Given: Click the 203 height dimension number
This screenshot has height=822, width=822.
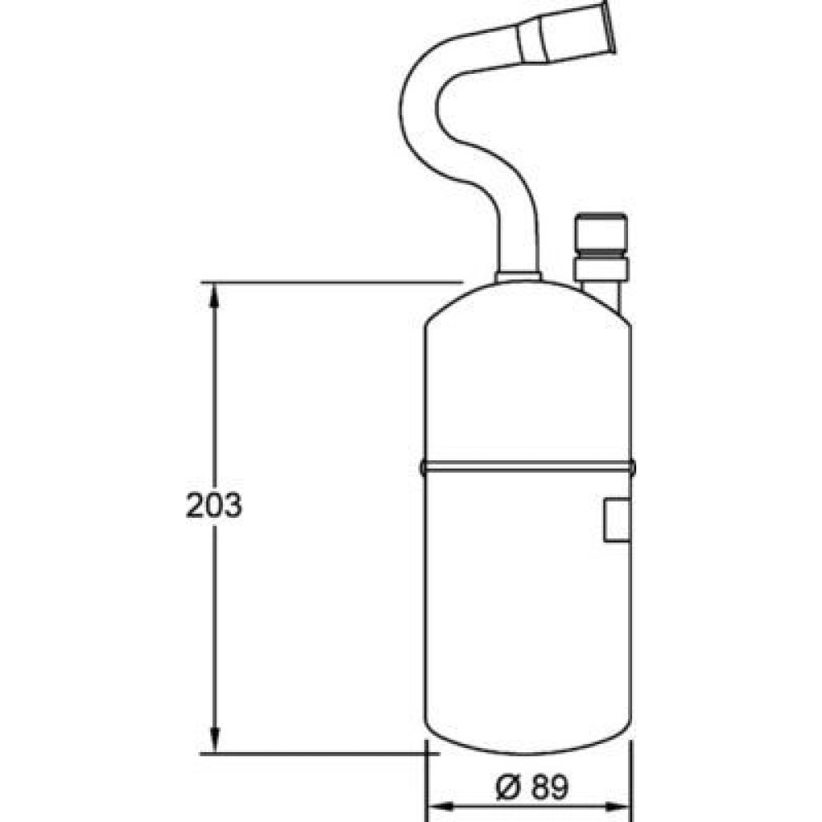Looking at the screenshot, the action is tap(214, 506).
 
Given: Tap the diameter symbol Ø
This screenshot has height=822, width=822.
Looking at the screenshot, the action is tap(508, 787).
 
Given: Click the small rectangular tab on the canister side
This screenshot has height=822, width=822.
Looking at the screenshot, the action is tap(617, 520).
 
